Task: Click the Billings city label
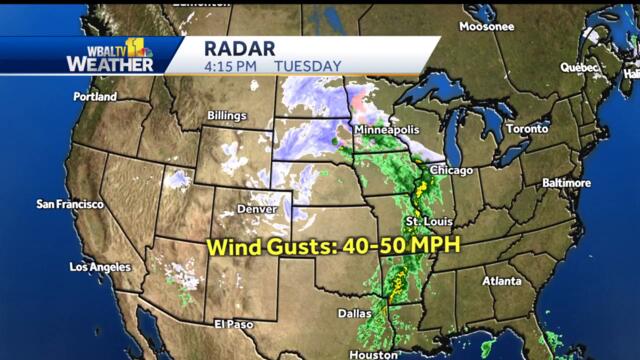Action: coord(226,116)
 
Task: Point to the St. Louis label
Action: coord(429,221)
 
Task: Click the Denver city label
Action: coord(257,209)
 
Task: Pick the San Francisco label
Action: coord(70,204)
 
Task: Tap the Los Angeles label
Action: coord(100,267)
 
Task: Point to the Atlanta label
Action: coord(500,281)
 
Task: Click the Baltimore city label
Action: coord(566,183)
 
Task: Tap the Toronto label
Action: coord(526,130)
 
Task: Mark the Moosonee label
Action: coord(487,27)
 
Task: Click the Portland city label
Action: coord(95,97)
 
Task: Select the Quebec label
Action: coord(578,68)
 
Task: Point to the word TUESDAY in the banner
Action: coord(308,66)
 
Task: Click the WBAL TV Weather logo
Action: coord(110,56)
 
